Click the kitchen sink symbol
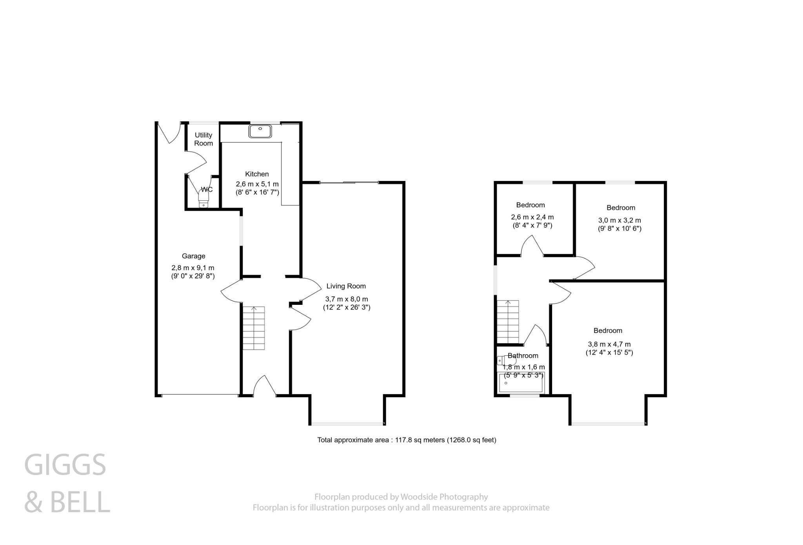tap(260, 131)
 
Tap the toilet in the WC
tap(204, 198)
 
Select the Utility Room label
tap(203, 139)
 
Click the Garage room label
tap(193, 256)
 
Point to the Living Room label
tap(346, 286)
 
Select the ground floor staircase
tap(254, 328)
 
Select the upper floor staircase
tap(508, 321)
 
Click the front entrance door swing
tap(265, 386)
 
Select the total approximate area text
tap(407, 440)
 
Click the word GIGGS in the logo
tap(65, 465)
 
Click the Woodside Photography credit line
tap(401, 497)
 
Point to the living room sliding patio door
tap(349, 183)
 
